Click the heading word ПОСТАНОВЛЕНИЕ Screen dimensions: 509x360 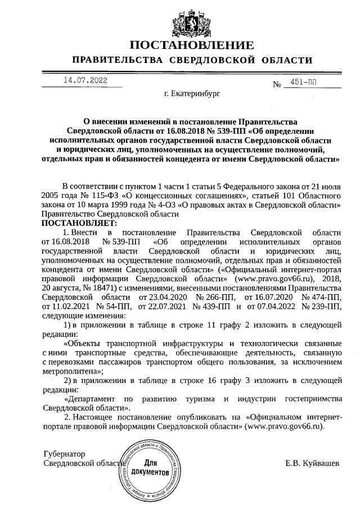pos(192,46)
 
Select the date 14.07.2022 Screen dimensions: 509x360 pos(85,80)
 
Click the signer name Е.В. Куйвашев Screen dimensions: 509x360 pos(312,463)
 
